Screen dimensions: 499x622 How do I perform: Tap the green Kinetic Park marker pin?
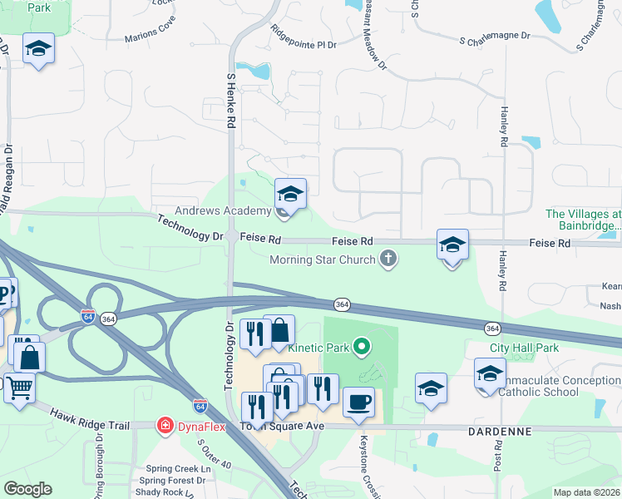(361, 345)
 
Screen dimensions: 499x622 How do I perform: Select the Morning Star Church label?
(323, 260)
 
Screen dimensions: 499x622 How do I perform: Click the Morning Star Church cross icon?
(387, 260)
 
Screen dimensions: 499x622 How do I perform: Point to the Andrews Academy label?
(223, 211)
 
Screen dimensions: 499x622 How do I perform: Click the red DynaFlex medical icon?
(165, 426)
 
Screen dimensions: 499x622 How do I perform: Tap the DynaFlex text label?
(198, 426)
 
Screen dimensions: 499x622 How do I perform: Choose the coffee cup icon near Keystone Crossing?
(358, 403)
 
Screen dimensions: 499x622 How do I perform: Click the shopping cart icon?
(17, 388)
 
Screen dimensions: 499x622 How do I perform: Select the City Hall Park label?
(524, 348)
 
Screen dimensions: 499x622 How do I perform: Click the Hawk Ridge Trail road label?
(90, 418)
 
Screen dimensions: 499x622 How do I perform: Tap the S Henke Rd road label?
(231, 99)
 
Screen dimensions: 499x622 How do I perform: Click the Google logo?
(27, 489)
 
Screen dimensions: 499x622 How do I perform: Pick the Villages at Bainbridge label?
(583, 220)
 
